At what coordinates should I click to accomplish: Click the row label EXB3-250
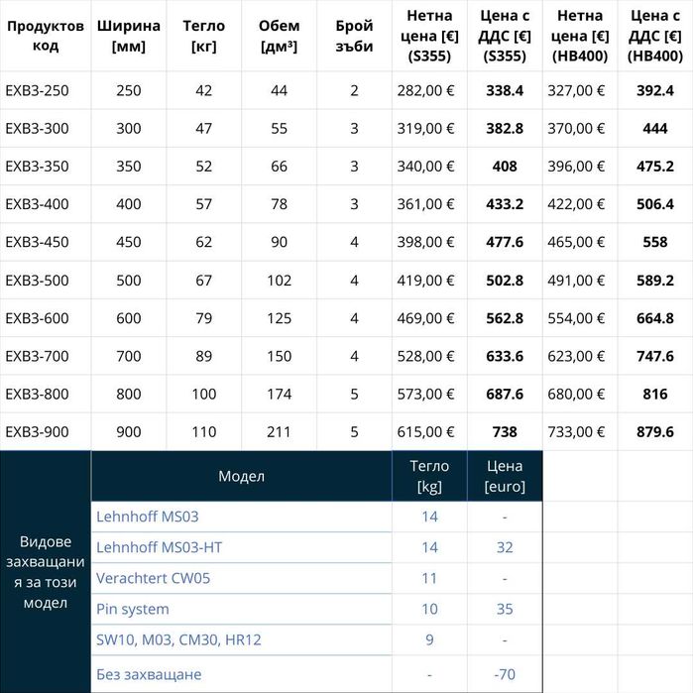pyautogui.click(x=37, y=90)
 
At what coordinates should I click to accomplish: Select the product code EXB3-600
pyautogui.click(x=37, y=318)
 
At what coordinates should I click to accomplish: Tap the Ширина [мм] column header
pyautogui.click(x=128, y=36)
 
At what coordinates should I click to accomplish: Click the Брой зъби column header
pyautogui.click(x=354, y=36)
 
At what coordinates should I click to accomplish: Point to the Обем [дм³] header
pyautogui.click(x=279, y=36)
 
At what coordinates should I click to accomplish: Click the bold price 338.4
pyautogui.click(x=505, y=90)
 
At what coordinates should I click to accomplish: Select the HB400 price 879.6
pyautogui.click(x=655, y=432)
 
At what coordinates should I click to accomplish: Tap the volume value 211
pyautogui.click(x=279, y=432)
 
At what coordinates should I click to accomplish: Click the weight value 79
pyautogui.click(x=204, y=318)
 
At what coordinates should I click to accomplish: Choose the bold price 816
pyautogui.click(x=655, y=395)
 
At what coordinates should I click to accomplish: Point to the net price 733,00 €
pyautogui.click(x=581, y=432)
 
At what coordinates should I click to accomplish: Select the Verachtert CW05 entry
pyautogui.click(x=153, y=578)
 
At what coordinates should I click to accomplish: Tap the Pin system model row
pyautogui.click(x=133, y=609)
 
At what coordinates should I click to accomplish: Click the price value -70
pyautogui.click(x=504, y=674)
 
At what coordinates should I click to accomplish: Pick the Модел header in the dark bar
pyautogui.click(x=241, y=476)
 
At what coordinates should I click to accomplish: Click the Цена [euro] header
pyautogui.click(x=504, y=476)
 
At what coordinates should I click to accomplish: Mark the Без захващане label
pyautogui.click(x=149, y=674)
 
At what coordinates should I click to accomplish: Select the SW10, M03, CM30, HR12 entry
pyautogui.click(x=178, y=640)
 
